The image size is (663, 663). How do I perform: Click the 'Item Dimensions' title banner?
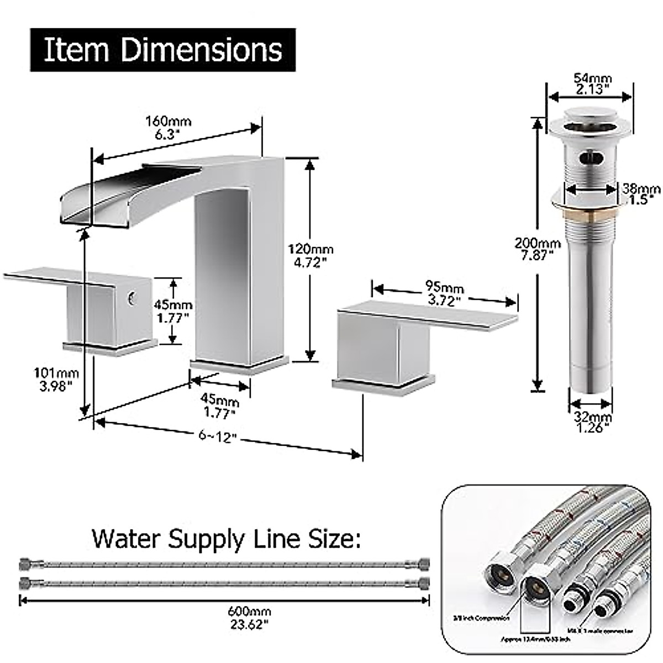pyautogui.click(x=162, y=50)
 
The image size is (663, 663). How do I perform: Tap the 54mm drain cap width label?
pyautogui.click(x=590, y=83)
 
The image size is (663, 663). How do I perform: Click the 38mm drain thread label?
pyautogui.click(x=641, y=194)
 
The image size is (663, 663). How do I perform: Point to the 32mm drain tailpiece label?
pyautogui.click(x=591, y=421)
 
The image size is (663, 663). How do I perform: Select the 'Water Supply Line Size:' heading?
pyautogui.click(x=226, y=538)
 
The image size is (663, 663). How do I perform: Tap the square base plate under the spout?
pyautogui.click(x=239, y=366)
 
